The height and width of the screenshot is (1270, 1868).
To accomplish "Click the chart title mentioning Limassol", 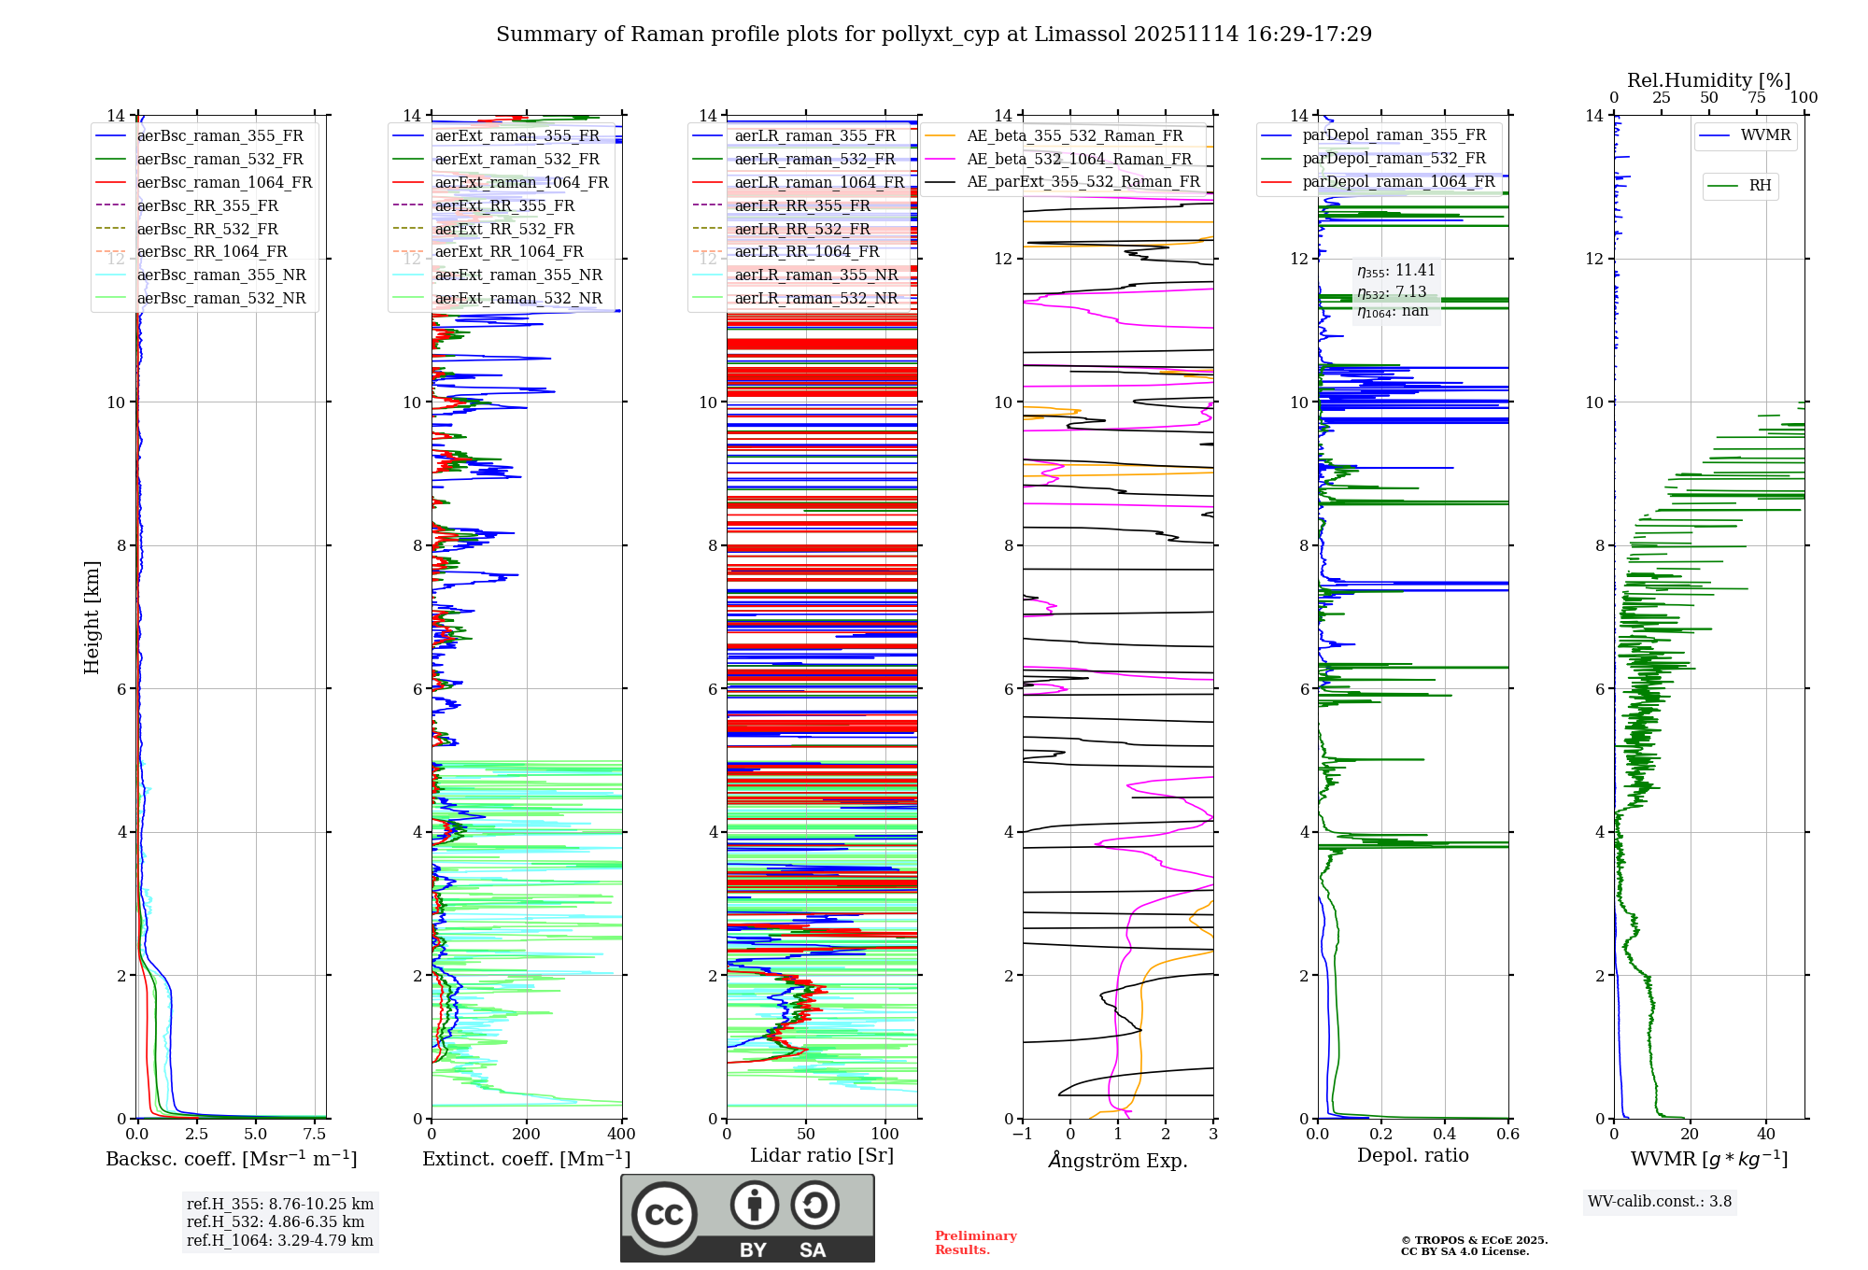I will pos(934,35).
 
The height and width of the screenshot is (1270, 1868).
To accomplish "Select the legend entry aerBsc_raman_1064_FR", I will pos(224,182).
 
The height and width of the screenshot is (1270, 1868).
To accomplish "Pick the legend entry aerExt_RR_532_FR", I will pos(504,229).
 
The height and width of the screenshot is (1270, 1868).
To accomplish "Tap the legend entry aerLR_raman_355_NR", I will pos(815,275).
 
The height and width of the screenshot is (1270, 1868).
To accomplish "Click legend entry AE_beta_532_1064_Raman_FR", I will pos(1079,159).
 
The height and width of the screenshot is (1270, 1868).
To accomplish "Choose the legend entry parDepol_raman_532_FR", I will pos(1394,159).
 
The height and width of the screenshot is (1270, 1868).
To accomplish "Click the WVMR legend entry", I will pos(1764,135).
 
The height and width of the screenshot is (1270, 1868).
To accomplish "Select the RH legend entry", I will pos(1760,186).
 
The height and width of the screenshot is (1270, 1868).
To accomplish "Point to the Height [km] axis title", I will pos(92,616).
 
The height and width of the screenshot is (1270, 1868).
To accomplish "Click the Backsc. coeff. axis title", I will pos(231,1159).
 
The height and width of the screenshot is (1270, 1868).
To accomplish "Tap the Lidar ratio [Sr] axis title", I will pos(821,1155).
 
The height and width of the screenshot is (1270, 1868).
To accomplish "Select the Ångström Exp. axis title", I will pos(1117,1160).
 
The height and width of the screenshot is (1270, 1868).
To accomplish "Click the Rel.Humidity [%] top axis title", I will pos(1708,80).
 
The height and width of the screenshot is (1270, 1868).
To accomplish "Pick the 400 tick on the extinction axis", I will pos(621,1134).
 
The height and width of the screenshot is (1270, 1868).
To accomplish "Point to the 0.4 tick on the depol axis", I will pos(1444,1134).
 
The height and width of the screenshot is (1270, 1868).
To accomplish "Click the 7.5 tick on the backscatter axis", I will pos(315,1134).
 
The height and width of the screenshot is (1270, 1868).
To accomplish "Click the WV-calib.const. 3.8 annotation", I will pos(1659,1201).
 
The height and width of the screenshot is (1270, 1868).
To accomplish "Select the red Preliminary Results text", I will pos(975,1242).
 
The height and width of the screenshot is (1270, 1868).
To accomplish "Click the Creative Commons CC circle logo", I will pos(664,1215).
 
